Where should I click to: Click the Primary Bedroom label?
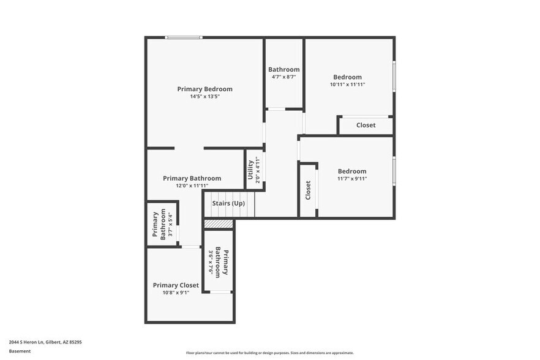[x=204, y=89]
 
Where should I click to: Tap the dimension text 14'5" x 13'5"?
[x=204, y=97]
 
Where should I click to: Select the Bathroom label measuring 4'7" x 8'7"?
[x=284, y=69]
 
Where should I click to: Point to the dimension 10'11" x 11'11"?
[x=347, y=84]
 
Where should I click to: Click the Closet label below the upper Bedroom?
[x=366, y=125]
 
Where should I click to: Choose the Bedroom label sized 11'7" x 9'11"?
[x=352, y=171]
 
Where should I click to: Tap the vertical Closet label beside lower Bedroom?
[x=308, y=190]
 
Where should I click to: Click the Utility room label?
[x=250, y=169]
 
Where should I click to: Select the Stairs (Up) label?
[x=228, y=203]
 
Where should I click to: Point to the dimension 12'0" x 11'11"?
[x=192, y=186]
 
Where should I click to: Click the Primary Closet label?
[x=176, y=285]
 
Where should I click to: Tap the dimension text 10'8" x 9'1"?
[x=176, y=293]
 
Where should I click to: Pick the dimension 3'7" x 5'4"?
[x=170, y=225]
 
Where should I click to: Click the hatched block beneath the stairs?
[x=219, y=224]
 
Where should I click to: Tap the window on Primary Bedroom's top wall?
[x=184, y=38]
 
